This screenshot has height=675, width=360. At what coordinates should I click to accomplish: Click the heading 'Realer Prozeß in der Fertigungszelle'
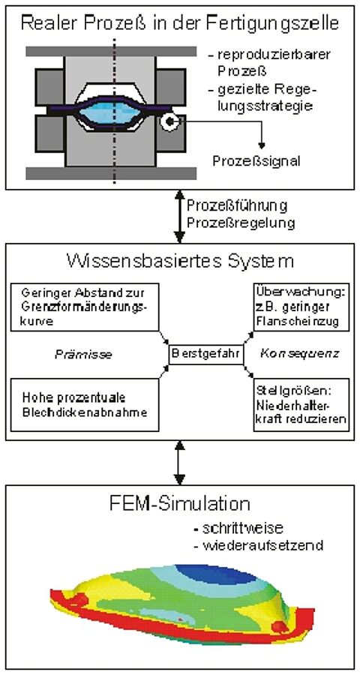point(180,23)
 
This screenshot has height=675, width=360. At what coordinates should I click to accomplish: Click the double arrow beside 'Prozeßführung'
point(178,215)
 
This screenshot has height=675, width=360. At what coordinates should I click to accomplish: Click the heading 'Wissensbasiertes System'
point(180,262)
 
